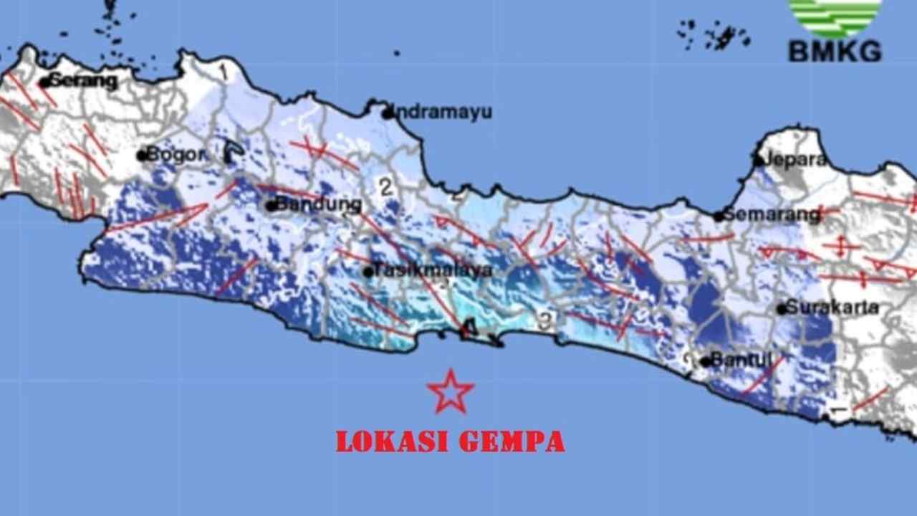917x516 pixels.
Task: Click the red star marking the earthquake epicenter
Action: tap(451, 392)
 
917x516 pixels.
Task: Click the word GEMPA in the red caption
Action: tap(512, 441)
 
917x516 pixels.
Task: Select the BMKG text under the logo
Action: tap(835, 52)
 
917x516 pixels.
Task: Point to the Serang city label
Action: tap(83, 81)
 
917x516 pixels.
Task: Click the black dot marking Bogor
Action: tap(142, 155)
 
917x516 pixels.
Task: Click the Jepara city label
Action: tap(796, 160)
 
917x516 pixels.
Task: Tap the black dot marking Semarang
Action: tap(718, 216)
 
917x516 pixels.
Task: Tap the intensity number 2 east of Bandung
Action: tap(386, 188)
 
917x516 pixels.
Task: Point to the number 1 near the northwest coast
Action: tap(223, 71)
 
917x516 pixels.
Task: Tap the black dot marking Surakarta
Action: tap(782, 309)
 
